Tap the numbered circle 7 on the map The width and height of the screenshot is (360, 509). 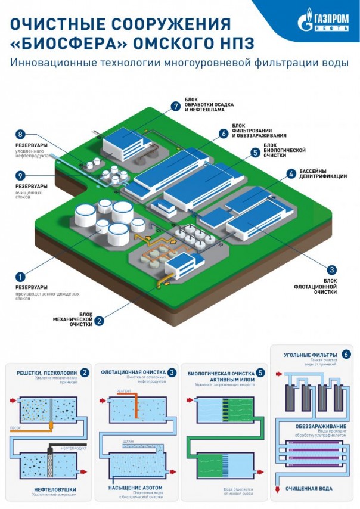[175, 106]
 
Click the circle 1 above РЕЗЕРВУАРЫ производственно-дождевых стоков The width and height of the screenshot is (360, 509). [20, 277]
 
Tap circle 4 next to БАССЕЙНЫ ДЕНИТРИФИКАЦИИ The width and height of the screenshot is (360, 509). [291, 174]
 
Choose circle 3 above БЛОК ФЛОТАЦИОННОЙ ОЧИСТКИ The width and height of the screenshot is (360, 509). [332, 269]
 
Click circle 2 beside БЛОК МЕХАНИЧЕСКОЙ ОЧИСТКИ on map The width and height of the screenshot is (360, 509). [100, 320]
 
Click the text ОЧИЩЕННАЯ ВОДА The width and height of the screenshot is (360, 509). [310, 488]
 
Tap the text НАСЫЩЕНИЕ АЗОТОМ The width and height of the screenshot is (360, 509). [134, 488]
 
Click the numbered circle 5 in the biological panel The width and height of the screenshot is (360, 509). [260, 373]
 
